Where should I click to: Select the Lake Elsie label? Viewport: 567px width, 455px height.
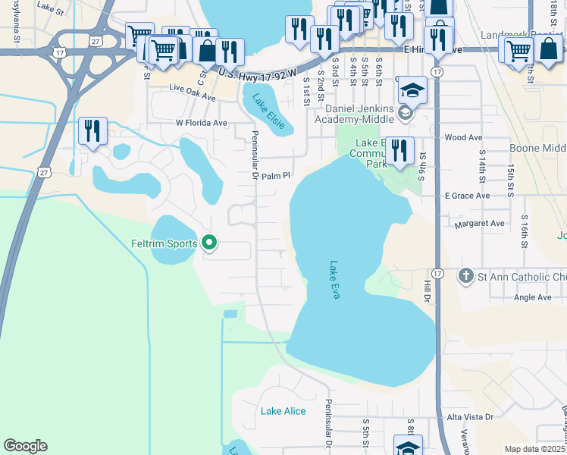point(269,111)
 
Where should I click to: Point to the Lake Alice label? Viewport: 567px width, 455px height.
point(283,411)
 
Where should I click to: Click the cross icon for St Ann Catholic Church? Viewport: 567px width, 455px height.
point(465,276)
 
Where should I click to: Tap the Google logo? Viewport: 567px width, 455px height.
point(25,446)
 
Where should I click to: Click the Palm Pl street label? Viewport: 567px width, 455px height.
point(277,176)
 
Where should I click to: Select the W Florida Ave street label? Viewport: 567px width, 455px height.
point(201,122)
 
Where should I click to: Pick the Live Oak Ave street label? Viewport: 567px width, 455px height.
point(193,98)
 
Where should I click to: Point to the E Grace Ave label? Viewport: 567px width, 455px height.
point(467,196)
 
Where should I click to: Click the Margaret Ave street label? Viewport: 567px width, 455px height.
point(479,224)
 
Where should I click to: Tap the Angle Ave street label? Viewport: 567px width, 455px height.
point(533,297)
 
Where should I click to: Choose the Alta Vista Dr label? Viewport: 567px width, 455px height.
point(470,417)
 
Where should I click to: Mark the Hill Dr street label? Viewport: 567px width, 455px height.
point(426,289)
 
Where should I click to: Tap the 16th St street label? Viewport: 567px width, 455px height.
point(523,234)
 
